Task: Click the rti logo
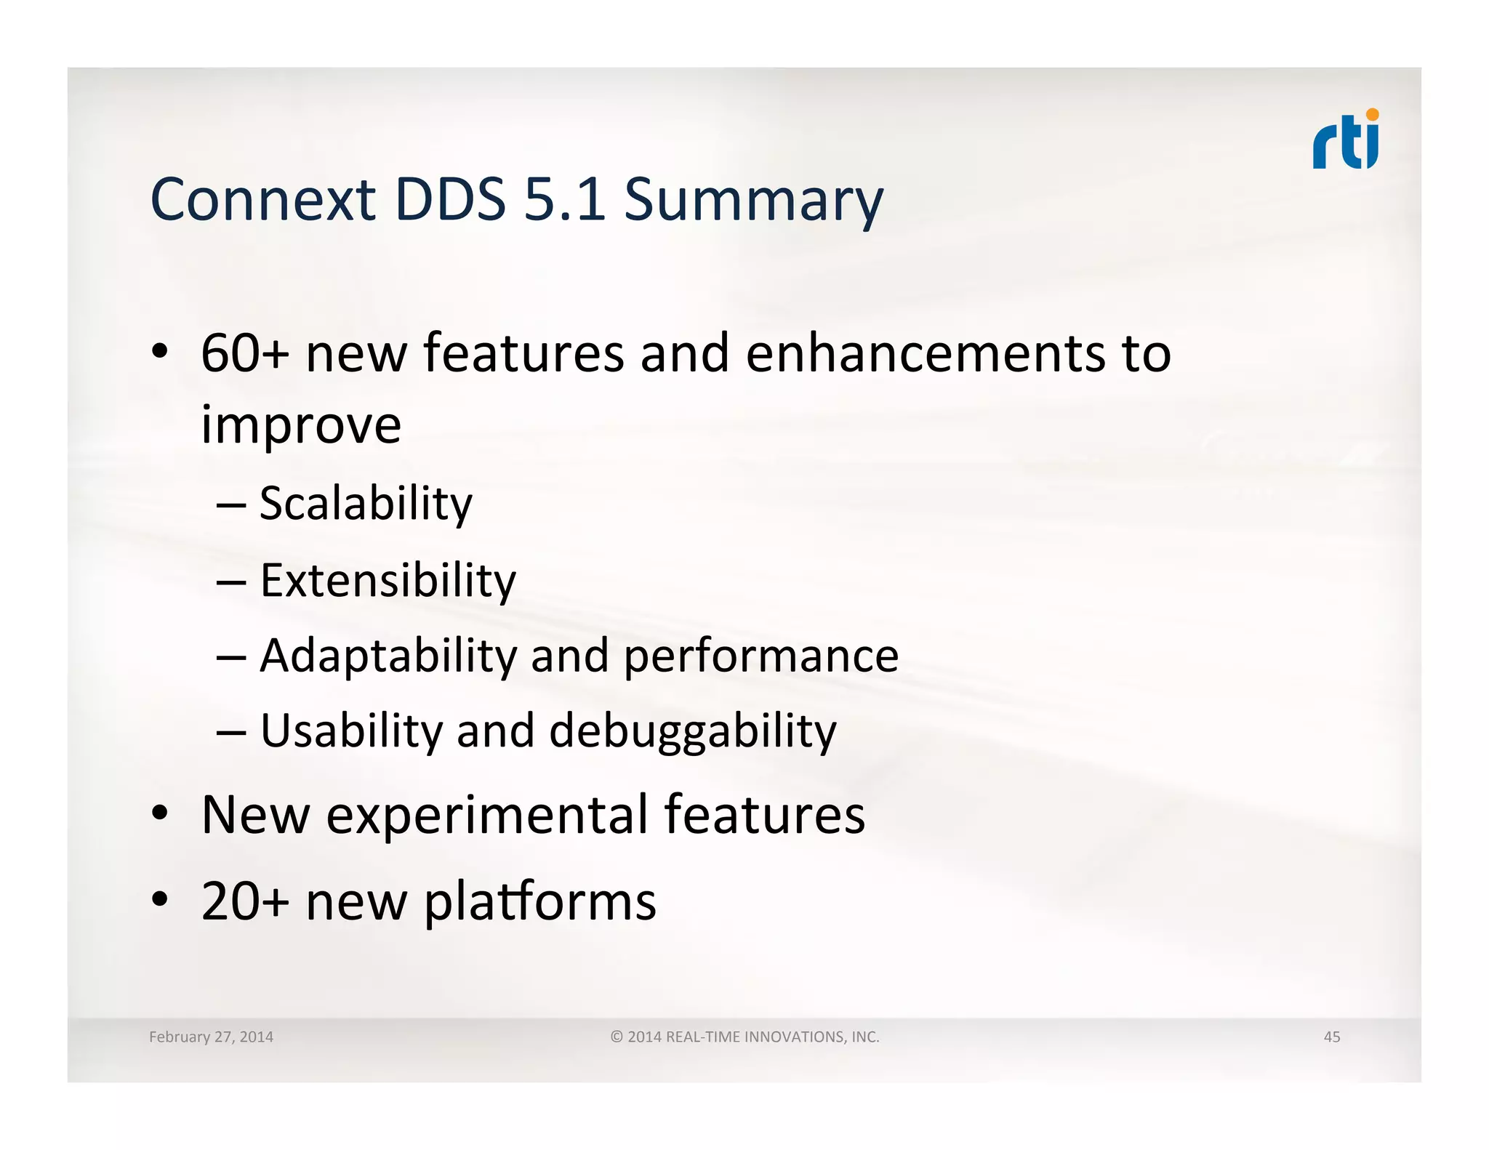click(1345, 141)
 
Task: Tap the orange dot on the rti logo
click(1372, 115)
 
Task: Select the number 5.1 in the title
click(564, 200)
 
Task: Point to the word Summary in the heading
click(753, 202)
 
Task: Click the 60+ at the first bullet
click(244, 354)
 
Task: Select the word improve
click(301, 425)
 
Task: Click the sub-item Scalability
click(366, 504)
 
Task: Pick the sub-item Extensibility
click(388, 581)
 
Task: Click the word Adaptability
click(388, 656)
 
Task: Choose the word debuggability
click(692, 732)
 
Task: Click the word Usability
click(350, 731)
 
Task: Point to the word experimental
click(487, 816)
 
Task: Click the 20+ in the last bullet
click(244, 902)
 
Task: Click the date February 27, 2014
click(211, 1037)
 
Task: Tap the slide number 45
click(1331, 1037)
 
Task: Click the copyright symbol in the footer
click(617, 1037)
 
